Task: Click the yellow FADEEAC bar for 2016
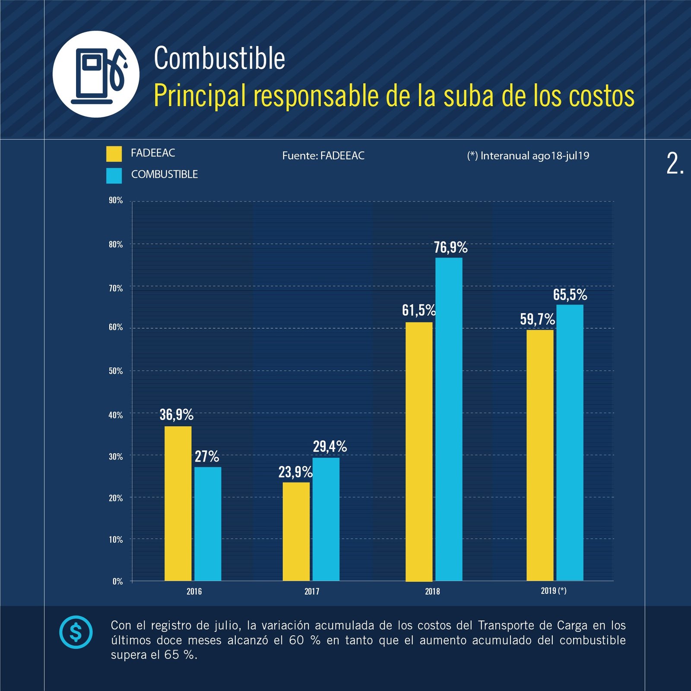coord(178,503)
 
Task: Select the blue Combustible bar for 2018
coord(449,419)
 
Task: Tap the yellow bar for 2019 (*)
coord(540,455)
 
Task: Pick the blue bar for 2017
coord(326,519)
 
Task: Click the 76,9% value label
coord(450,247)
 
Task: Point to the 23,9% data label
coord(295,472)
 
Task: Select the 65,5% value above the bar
coord(570,295)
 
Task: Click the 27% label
coord(207,456)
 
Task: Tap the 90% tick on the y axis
coord(116,200)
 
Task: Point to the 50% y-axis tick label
coord(116,371)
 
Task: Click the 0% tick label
coord(117,581)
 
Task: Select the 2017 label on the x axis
coord(312,591)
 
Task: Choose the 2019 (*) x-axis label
coord(554,590)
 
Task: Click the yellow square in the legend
coord(114,154)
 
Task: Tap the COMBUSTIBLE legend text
coord(165,174)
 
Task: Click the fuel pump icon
coord(96,74)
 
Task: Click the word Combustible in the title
coord(219,58)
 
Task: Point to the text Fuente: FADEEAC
coord(323,155)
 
